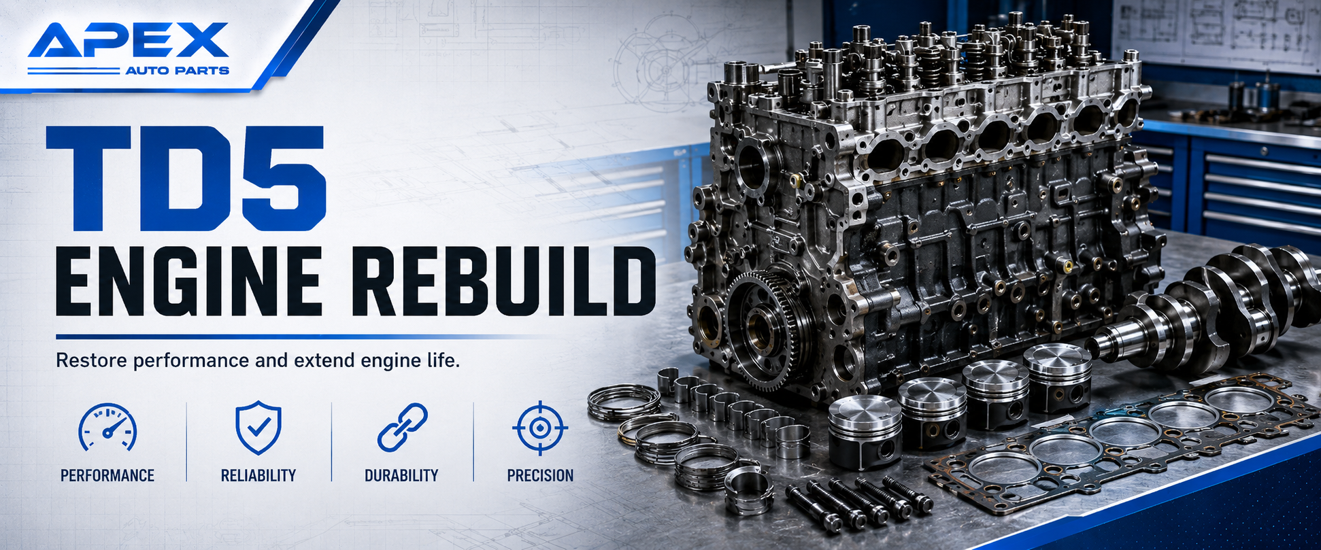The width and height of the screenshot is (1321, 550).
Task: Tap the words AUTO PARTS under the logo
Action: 178,71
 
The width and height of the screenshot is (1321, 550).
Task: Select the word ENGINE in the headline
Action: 188,281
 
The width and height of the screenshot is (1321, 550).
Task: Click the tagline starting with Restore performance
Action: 258,360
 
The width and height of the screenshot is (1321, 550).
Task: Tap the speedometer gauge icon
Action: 107,428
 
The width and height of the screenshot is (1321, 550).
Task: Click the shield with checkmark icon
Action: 258,428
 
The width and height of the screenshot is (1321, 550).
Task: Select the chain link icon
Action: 402,428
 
